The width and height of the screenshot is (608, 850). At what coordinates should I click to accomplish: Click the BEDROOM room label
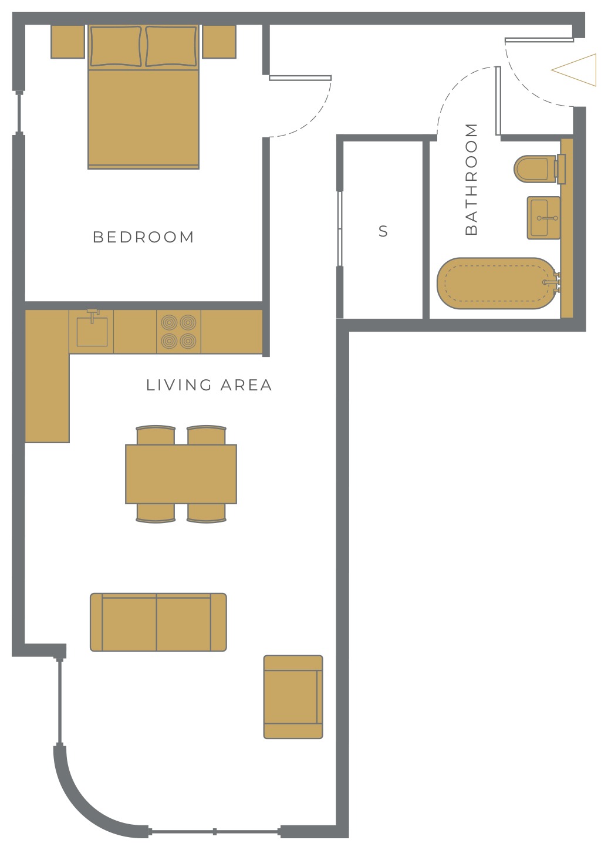click(143, 237)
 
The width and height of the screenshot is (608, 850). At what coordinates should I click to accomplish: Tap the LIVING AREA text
click(209, 385)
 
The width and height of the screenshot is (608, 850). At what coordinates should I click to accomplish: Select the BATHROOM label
click(471, 179)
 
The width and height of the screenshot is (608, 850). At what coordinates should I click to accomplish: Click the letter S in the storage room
click(383, 231)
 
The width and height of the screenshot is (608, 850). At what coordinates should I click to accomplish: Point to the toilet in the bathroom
click(539, 169)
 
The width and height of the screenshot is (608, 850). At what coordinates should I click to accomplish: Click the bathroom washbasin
click(543, 217)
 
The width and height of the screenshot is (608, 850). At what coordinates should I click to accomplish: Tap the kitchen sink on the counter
click(92, 329)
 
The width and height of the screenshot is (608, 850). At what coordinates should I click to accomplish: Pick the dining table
click(181, 474)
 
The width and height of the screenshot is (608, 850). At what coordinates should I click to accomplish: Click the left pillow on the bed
click(116, 46)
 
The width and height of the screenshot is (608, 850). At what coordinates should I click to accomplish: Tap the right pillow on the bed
click(171, 46)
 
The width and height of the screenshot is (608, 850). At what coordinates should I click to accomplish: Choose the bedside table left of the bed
click(68, 42)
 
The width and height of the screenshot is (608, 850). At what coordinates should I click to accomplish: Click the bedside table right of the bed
click(219, 42)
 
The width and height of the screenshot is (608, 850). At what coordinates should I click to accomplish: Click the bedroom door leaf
click(300, 78)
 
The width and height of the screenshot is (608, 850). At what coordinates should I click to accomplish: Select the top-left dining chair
click(156, 435)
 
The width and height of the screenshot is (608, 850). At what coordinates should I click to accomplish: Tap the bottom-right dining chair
click(207, 513)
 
